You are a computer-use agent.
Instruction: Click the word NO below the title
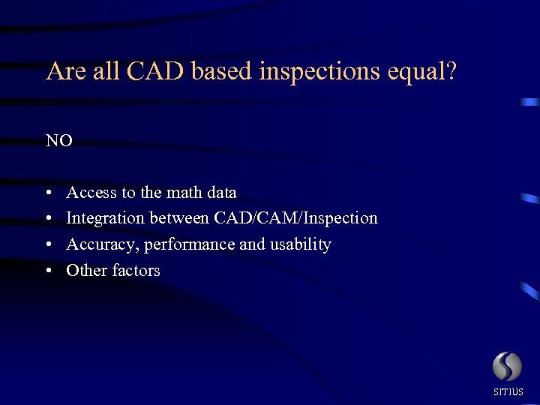point(59,141)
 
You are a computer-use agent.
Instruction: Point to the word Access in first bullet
point(91,193)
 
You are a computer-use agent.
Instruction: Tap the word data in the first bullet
point(221,193)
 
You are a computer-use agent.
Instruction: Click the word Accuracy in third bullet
point(103,244)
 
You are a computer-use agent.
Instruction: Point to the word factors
point(136,270)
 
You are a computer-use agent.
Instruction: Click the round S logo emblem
point(507,367)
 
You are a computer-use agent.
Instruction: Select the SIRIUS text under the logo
point(508,391)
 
